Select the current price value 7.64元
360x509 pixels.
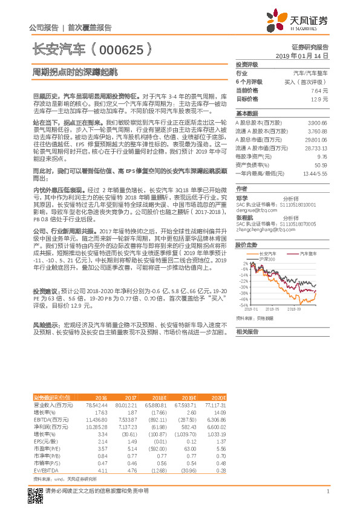click(319, 89)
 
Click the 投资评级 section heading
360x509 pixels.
click(247, 64)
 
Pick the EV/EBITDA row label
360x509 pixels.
click(45, 470)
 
